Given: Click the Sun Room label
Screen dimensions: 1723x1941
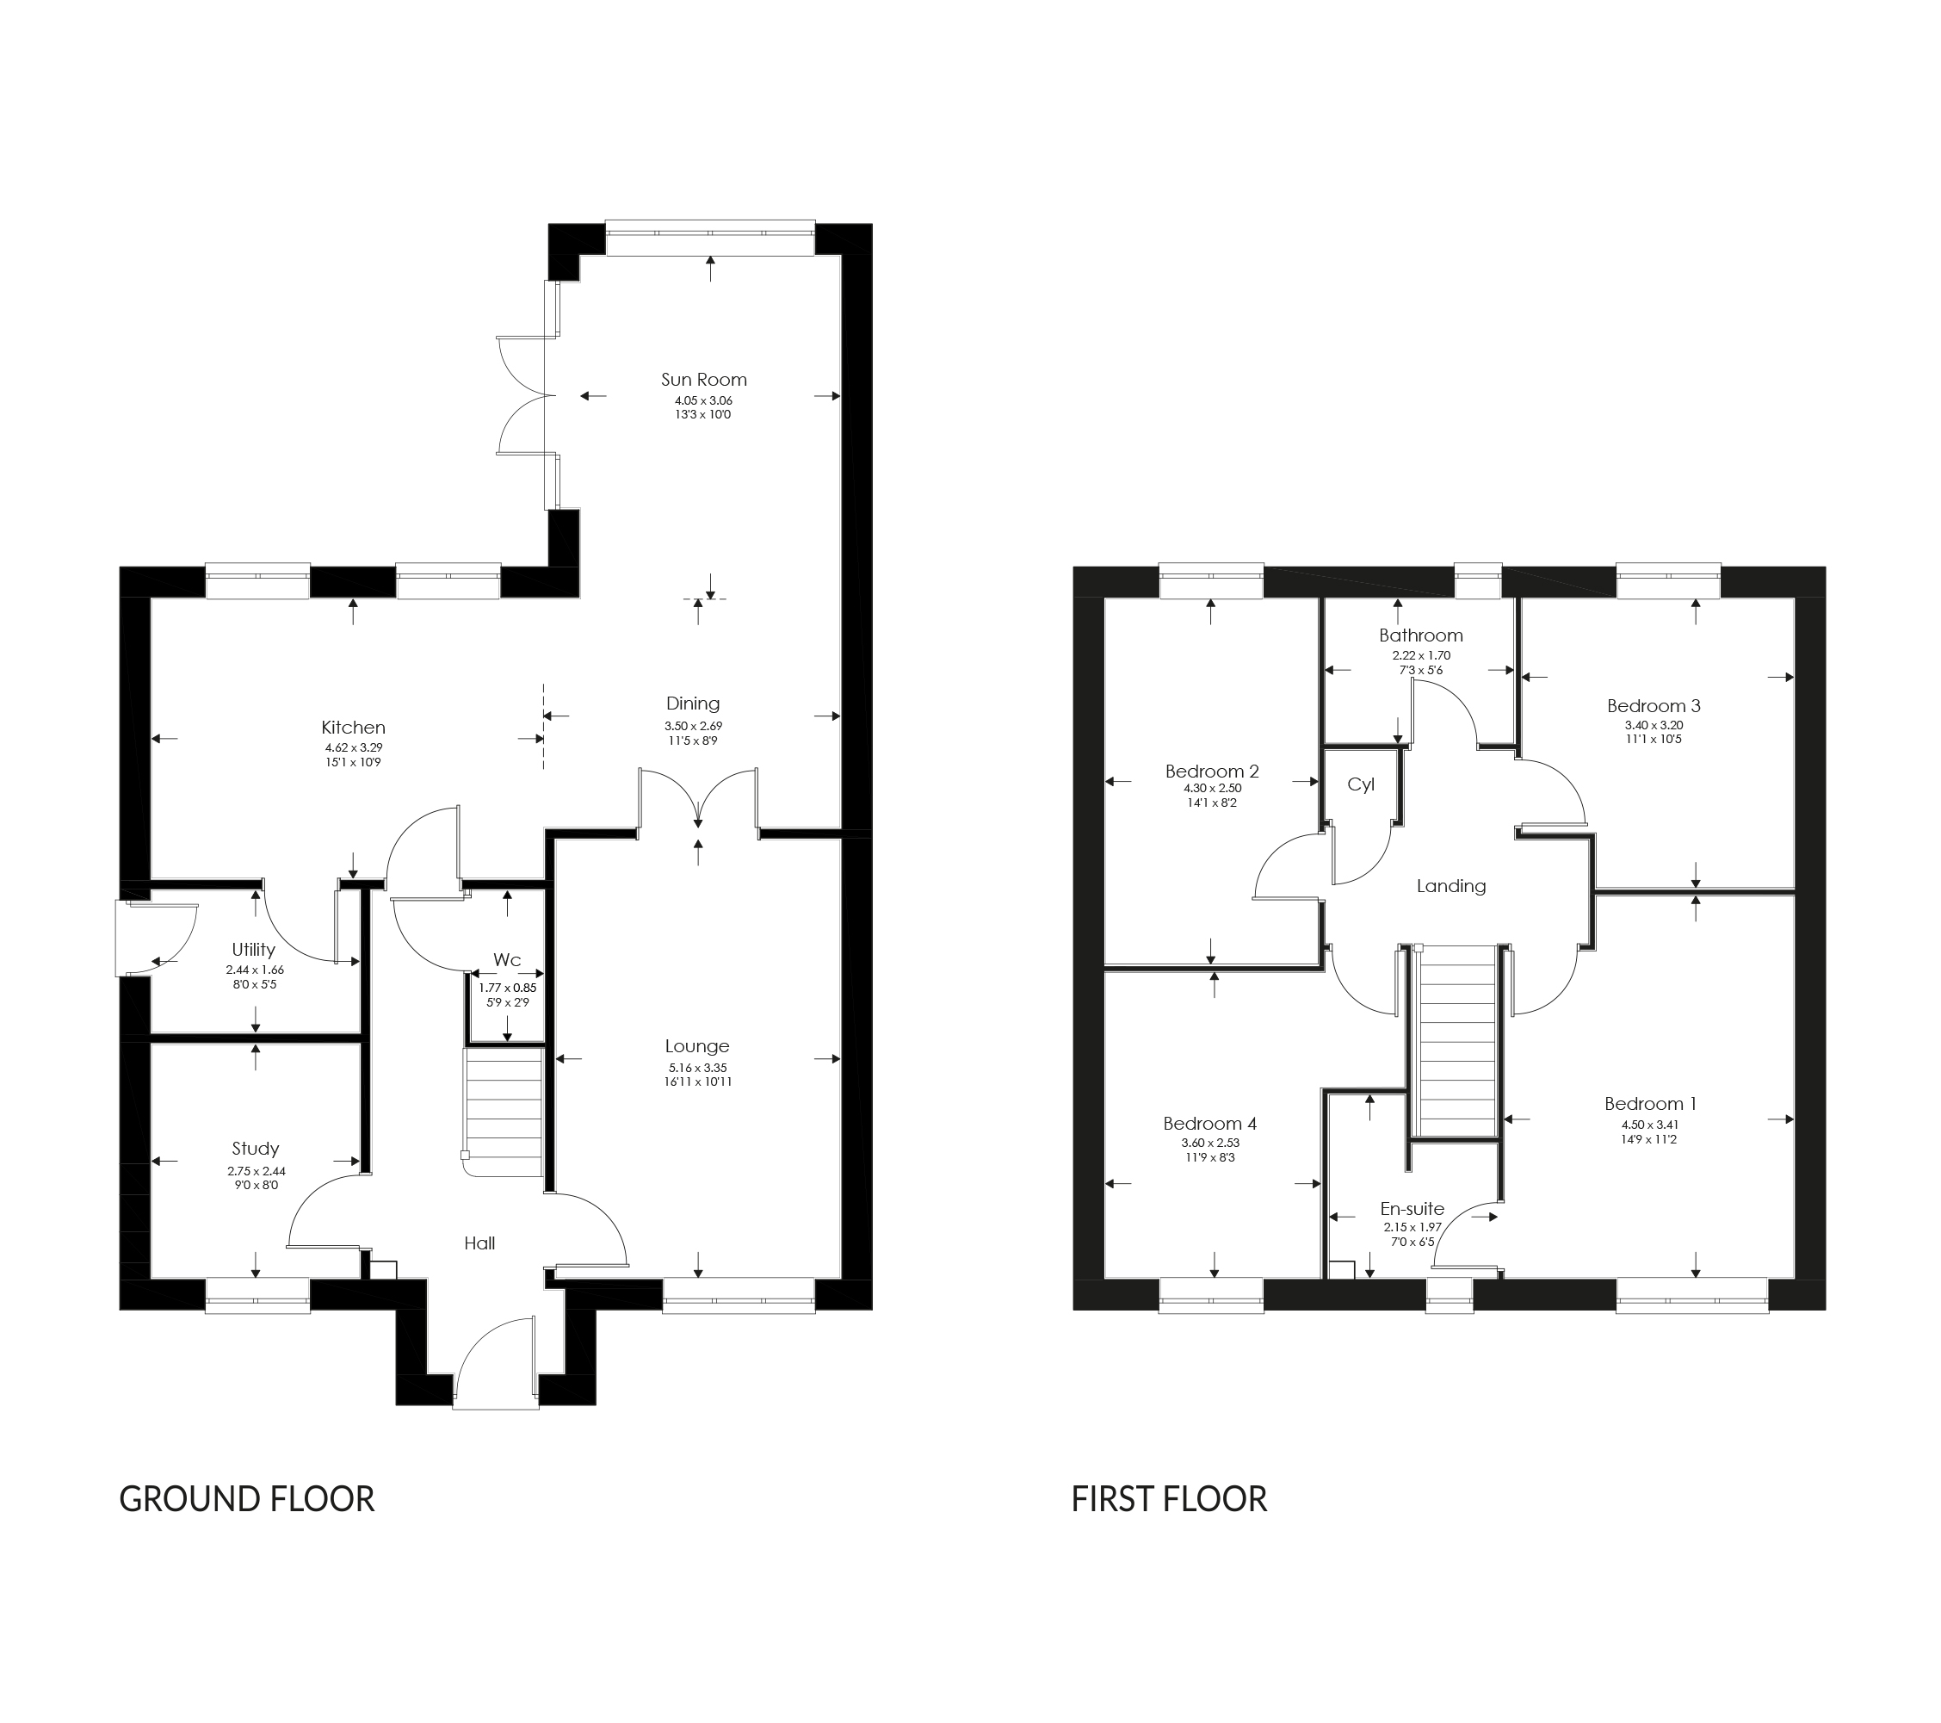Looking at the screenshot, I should coord(703,379).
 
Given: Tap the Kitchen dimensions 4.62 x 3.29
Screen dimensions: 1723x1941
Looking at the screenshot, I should coord(353,747).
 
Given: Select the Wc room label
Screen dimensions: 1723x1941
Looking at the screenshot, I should coord(507,959).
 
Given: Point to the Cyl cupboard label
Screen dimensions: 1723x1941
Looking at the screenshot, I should coord(1361,784).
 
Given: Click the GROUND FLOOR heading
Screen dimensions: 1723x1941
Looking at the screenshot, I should coord(247,1499).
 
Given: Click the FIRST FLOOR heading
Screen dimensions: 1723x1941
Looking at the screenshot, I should coord(1169,1499).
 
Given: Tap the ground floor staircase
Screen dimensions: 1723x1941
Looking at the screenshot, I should coord(504,1112).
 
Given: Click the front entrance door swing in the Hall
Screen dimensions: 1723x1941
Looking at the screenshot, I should coord(494,1354).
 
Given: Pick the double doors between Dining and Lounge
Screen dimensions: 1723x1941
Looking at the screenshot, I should coord(698,798).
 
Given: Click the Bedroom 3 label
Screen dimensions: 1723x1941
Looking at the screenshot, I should coord(1654,706).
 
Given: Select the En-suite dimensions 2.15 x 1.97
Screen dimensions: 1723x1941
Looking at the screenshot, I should coord(1412,1227).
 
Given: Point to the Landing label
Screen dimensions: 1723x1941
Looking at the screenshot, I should coord(1451,886).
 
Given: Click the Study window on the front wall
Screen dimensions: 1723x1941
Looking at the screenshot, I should coord(257,1296).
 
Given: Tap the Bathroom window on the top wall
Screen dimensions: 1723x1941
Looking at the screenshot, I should coord(1478,581).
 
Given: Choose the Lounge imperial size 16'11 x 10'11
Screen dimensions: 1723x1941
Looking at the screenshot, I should coord(698,1082).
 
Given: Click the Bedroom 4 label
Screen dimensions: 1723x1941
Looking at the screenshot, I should coord(1210,1124).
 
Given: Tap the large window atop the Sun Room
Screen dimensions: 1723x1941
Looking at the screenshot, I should coord(709,238).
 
